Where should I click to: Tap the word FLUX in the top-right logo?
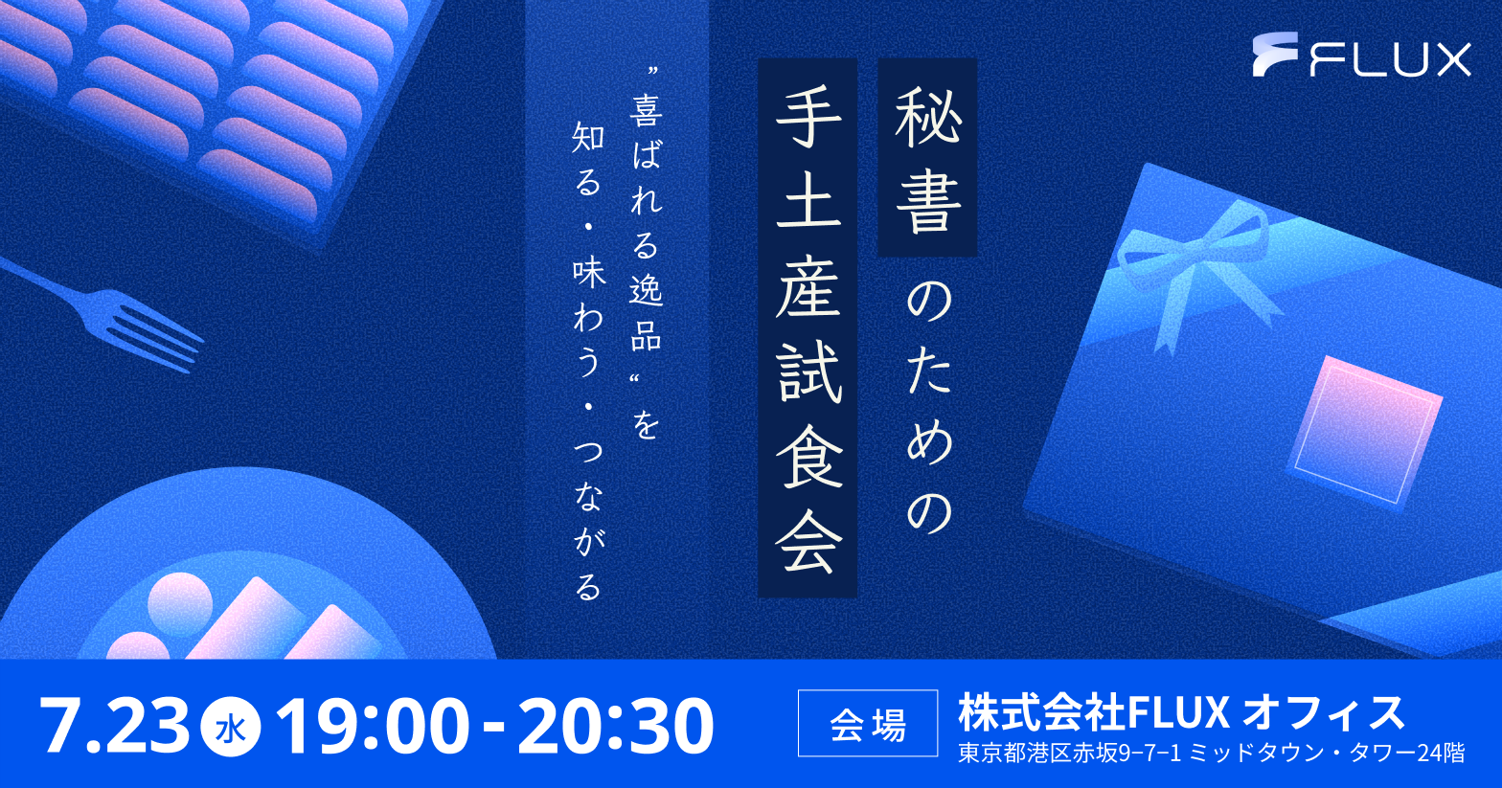pyautogui.click(x=1391, y=59)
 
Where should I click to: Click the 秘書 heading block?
pyautogui.click(x=927, y=157)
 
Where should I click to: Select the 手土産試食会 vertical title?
pyautogui.click(x=808, y=327)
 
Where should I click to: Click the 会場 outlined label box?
pyautogui.click(x=868, y=723)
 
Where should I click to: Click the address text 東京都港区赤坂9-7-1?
pyautogui.click(x=1069, y=754)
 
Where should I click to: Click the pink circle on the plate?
pyautogui.click(x=180, y=602)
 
